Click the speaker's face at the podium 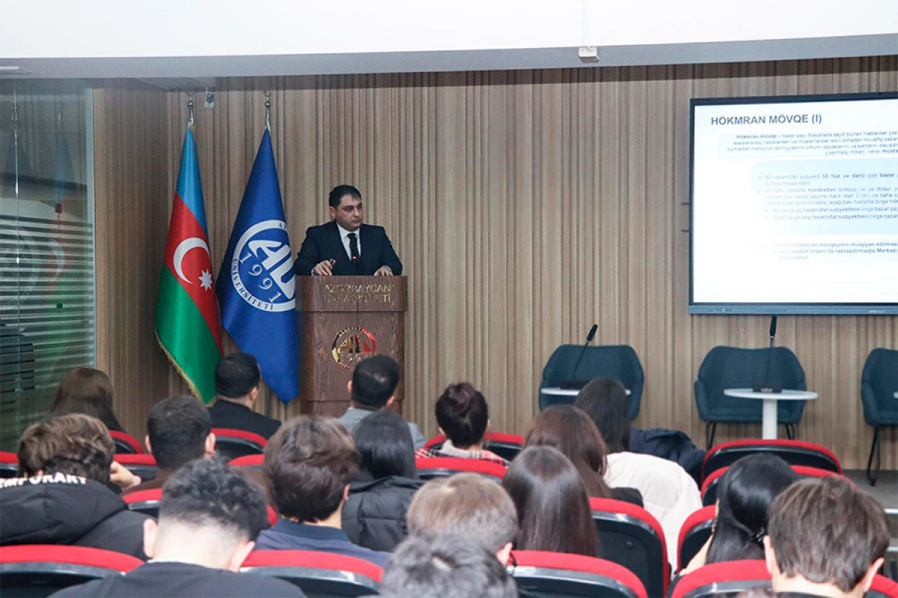pyautogui.click(x=346, y=210)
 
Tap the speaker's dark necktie pyautogui.click(x=353, y=247)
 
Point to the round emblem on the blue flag pyautogui.click(x=263, y=265)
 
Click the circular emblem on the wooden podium pyautogui.click(x=353, y=347)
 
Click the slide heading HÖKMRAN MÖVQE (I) pyautogui.click(x=766, y=119)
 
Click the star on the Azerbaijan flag pyautogui.click(x=205, y=280)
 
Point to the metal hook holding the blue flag pyautogui.click(x=267, y=105)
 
